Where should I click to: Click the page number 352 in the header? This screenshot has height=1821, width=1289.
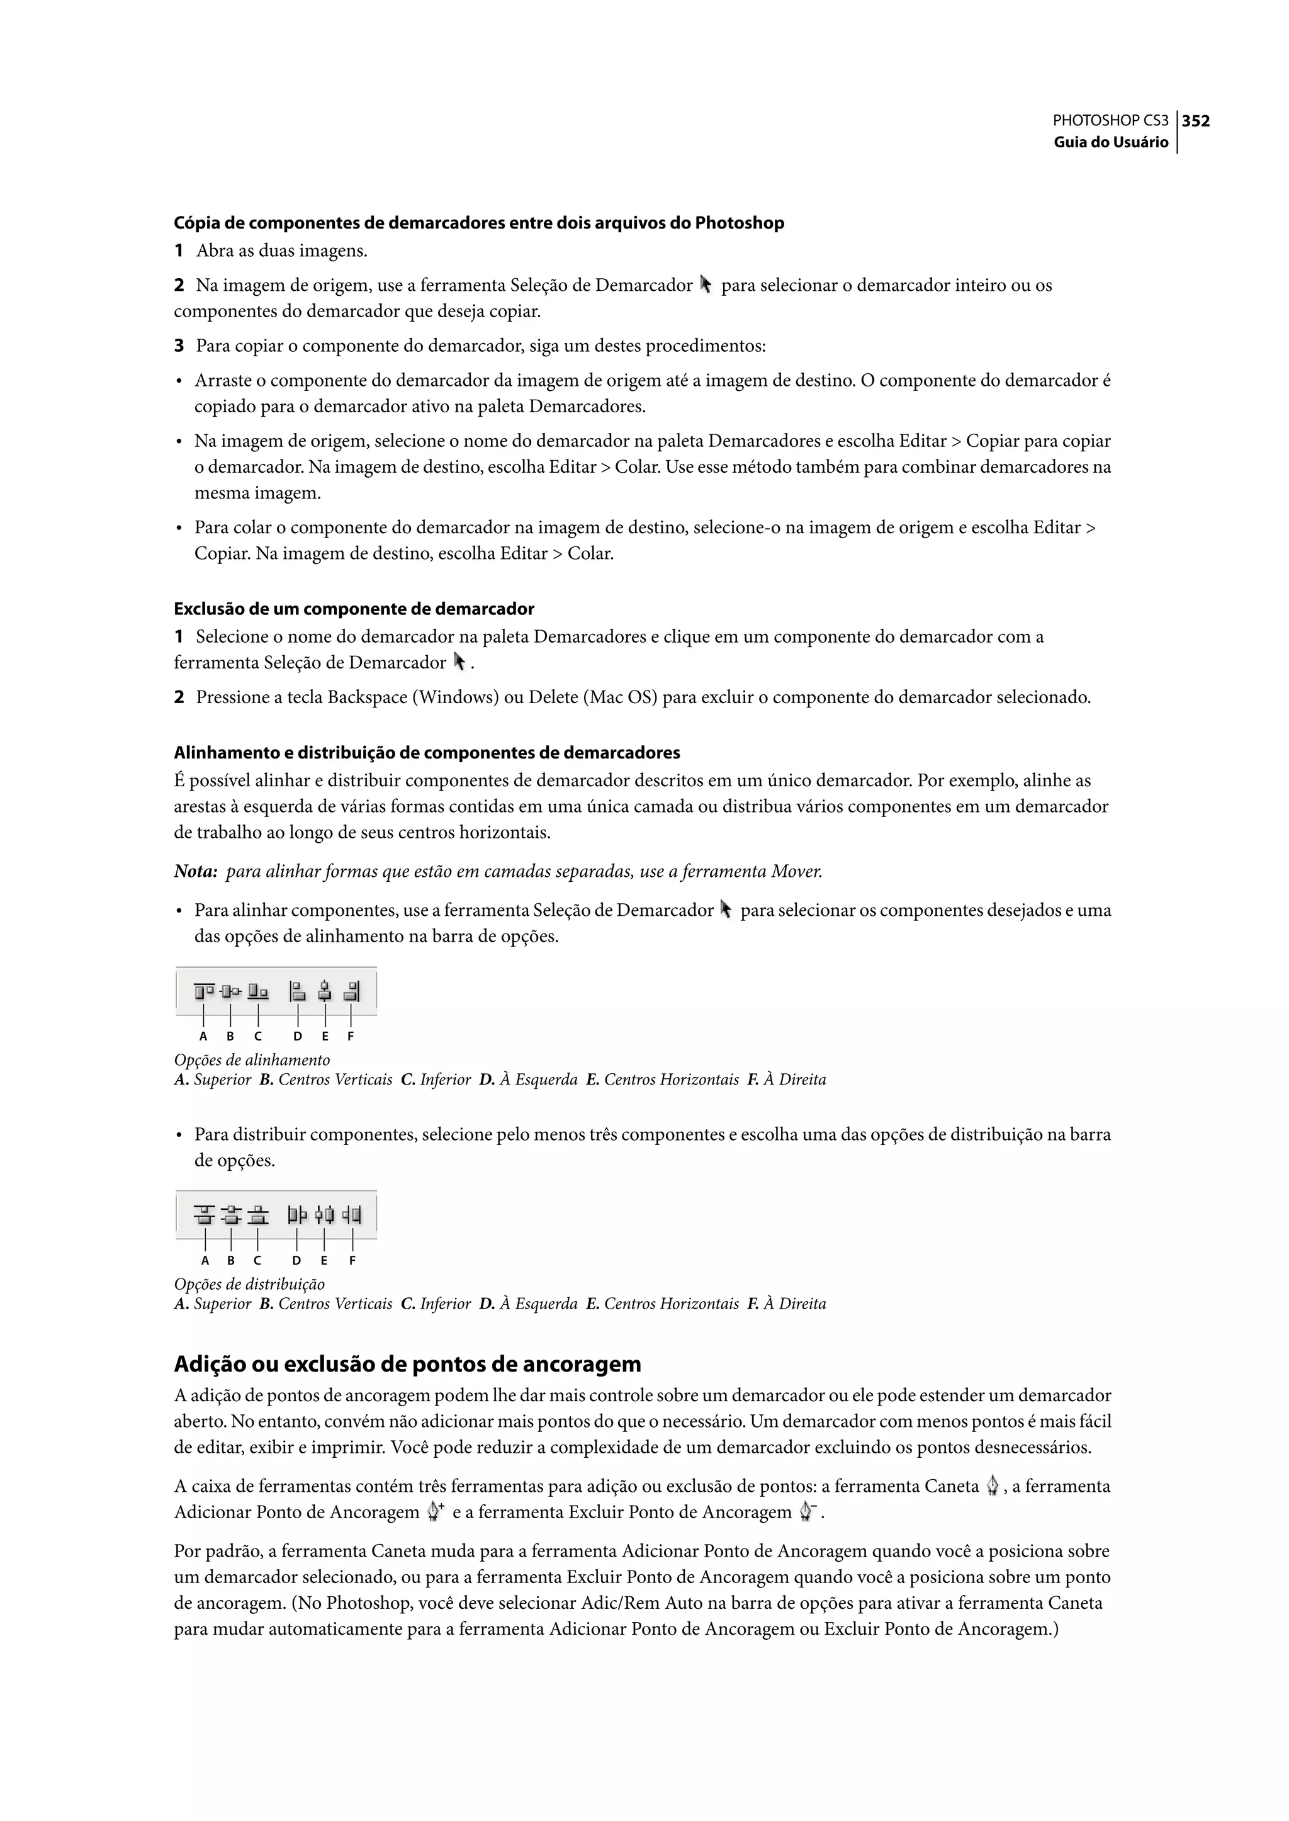1195,121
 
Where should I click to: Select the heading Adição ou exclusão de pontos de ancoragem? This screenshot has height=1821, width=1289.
407,1364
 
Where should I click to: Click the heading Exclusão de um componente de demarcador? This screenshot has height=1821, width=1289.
354,609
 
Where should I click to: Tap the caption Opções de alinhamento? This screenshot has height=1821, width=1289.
252,1060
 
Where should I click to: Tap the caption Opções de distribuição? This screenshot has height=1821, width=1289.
249,1283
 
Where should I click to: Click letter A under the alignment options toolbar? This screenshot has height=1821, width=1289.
203,1036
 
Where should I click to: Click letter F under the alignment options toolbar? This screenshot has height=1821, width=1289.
351,1036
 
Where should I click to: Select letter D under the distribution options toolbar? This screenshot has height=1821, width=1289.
296,1261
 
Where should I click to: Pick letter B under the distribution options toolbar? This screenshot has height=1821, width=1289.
230,1261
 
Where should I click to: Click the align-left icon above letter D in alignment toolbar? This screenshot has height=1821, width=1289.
298,991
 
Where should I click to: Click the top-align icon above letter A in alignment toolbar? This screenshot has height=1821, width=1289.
203,991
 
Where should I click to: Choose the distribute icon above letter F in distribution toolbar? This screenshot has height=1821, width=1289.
352,1215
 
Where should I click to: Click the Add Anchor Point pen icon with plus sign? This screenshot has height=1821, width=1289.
434,1513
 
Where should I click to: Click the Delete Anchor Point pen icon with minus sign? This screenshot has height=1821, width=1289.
808,1513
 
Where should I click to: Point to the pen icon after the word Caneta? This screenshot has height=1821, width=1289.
992,1486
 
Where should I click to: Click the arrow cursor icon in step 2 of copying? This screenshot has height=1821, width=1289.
706,284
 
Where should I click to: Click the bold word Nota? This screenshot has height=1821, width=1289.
195,872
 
